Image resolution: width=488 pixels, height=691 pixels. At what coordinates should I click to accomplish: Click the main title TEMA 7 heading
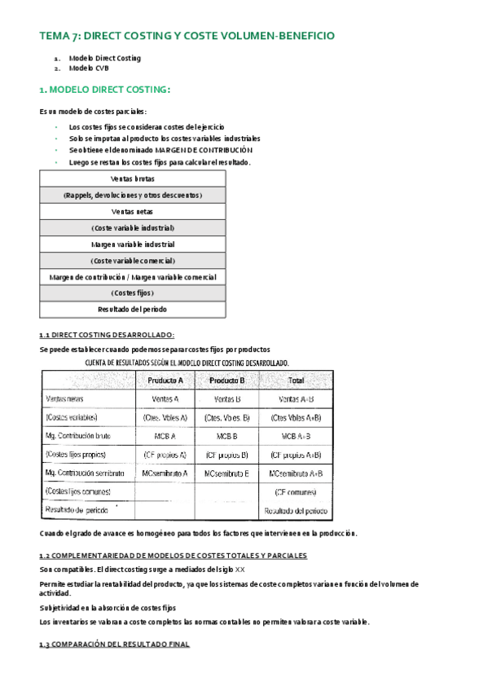[187, 36]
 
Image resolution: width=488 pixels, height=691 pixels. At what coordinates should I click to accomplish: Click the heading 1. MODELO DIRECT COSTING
[105, 90]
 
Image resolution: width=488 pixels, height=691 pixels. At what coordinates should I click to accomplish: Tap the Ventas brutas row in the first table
[133, 178]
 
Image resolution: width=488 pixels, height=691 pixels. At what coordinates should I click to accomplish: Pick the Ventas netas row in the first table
[133, 211]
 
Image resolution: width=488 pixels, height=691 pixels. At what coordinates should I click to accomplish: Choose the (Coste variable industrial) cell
[133, 227]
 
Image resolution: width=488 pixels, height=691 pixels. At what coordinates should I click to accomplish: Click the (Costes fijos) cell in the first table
[133, 293]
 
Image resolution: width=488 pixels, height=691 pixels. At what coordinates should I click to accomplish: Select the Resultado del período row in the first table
[133, 309]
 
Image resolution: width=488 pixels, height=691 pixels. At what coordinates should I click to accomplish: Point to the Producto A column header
[165, 381]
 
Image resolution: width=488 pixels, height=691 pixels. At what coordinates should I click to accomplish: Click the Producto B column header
[227, 381]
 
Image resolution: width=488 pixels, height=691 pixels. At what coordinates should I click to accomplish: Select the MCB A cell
[165, 436]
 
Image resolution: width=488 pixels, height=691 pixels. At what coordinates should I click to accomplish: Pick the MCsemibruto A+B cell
[295, 473]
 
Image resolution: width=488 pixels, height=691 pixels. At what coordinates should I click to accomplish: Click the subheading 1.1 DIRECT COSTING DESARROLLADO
[107, 335]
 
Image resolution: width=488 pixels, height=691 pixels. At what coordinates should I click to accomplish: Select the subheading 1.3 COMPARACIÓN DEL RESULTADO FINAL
[114, 644]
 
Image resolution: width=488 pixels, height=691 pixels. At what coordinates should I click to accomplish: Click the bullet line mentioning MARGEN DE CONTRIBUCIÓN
[160, 150]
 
